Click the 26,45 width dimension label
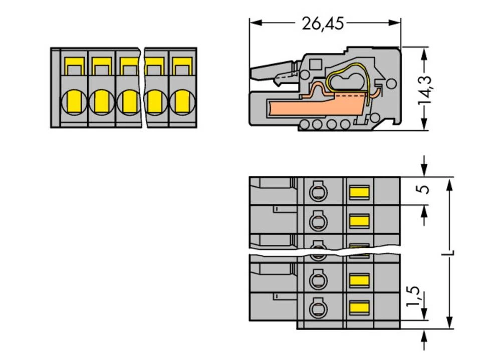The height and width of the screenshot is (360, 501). (323, 23)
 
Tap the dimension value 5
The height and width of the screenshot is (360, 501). (425, 190)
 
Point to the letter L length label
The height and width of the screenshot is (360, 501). (451, 253)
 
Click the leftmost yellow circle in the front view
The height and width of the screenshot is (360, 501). (73, 102)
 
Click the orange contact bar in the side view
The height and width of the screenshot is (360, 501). (311, 107)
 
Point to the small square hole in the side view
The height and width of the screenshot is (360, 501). (316, 64)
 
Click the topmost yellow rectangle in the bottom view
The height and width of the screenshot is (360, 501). (359, 191)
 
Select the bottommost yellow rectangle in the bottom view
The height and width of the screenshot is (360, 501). (359, 307)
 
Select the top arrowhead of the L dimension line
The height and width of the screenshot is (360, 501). (450, 183)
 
